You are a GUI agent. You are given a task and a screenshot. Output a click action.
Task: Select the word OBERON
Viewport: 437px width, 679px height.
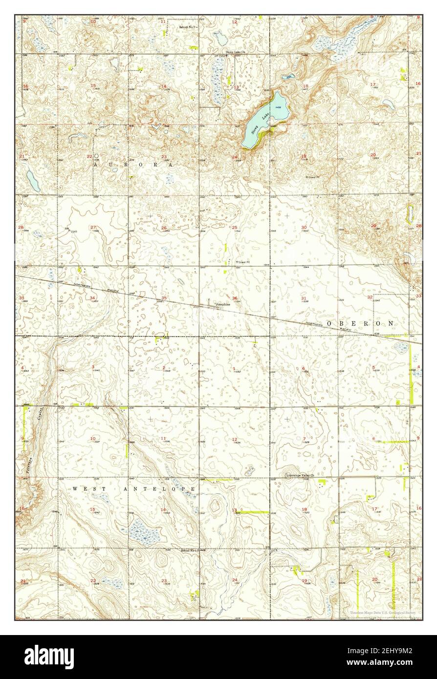(x=361, y=323)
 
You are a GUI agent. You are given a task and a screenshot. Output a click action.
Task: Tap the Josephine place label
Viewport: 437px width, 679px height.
(x=220, y=303)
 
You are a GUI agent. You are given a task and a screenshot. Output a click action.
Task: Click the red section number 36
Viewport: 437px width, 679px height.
(x=235, y=298)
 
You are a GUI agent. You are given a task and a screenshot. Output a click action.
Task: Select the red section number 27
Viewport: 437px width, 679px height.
(x=92, y=228)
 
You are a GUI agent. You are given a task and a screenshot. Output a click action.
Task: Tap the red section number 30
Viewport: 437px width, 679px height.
(x=304, y=228)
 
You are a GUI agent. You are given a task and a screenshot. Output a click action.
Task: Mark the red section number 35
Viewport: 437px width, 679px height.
(x=164, y=298)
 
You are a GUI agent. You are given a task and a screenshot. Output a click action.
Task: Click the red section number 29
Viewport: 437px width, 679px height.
(x=374, y=225)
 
